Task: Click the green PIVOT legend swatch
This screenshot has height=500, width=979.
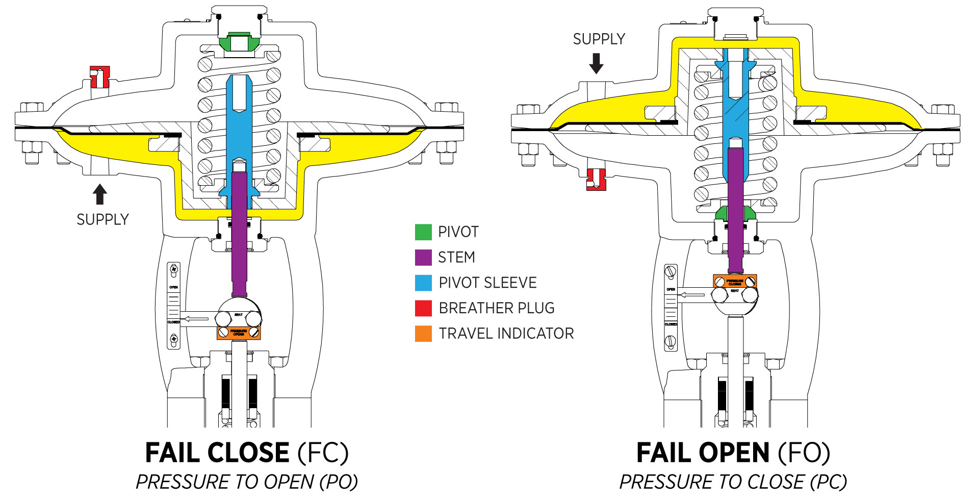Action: (423, 232)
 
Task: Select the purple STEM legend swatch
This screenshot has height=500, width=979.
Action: (423, 257)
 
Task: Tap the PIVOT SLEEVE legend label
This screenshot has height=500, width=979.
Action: (487, 283)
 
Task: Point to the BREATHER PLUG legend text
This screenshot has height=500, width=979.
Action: (496, 308)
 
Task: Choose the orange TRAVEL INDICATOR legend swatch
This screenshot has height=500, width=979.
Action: (423, 334)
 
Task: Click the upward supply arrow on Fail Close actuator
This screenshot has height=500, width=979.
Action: (100, 194)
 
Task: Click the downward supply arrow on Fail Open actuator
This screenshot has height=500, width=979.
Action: (596, 63)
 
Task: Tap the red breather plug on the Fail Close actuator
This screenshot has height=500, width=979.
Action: (99, 77)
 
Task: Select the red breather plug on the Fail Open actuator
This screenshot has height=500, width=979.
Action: (596, 180)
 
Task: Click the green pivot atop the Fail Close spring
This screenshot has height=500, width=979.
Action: (239, 41)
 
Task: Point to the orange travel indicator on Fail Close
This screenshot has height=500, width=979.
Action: (239, 333)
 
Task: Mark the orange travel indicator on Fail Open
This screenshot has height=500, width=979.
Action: (735, 281)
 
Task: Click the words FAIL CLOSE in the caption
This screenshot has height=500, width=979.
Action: (217, 453)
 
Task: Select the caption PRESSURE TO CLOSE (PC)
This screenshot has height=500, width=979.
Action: (733, 482)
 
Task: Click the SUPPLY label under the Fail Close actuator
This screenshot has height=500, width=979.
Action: (102, 220)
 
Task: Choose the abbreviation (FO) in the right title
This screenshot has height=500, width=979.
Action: (804, 453)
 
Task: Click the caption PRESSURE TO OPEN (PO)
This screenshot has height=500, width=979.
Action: (247, 482)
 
